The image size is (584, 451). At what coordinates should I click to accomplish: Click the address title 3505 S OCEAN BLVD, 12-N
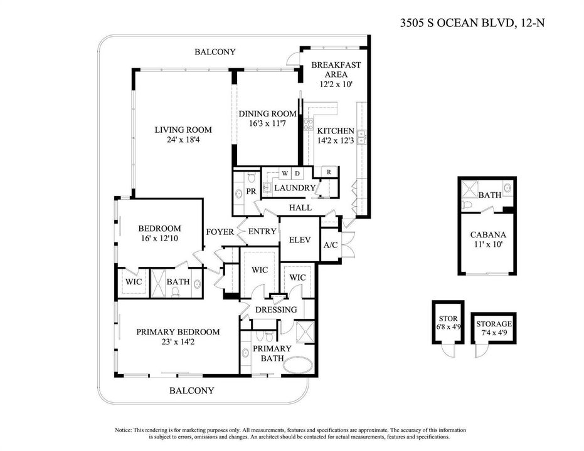pyautogui.click(x=472, y=23)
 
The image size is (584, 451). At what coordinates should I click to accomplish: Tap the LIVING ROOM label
pyautogui.click(x=183, y=130)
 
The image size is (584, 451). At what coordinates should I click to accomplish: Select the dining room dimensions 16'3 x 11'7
pyautogui.click(x=267, y=123)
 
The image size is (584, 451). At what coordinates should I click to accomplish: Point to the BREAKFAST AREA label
pyautogui.click(x=336, y=70)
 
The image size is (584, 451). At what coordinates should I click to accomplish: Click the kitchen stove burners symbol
pyautogui.click(x=309, y=124)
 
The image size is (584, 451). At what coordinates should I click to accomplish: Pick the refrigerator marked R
pyautogui.click(x=329, y=172)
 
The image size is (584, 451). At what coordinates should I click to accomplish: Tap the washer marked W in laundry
pyautogui.click(x=285, y=174)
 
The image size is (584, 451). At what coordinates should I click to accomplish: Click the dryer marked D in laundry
pyautogui.click(x=297, y=174)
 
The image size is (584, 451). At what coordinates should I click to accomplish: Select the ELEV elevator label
pyautogui.click(x=300, y=240)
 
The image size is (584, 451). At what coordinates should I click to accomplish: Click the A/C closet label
pyautogui.click(x=331, y=245)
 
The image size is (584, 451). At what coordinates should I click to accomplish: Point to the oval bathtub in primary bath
pyautogui.click(x=297, y=365)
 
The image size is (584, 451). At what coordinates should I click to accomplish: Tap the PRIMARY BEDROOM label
pyautogui.click(x=178, y=331)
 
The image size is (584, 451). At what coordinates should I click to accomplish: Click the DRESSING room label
pyautogui.click(x=276, y=309)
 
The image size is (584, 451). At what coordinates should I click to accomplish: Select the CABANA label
pyautogui.click(x=488, y=235)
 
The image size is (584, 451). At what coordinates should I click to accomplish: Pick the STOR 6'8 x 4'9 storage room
pyautogui.click(x=448, y=323)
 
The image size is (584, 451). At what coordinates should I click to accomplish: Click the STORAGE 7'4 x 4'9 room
pyautogui.click(x=494, y=328)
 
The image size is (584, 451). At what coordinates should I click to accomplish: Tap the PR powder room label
pyautogui.click(x=252, y=191)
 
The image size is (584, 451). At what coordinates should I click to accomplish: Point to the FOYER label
pyautogui.click(x=220, y=232)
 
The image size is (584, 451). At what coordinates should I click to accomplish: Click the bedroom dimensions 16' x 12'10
pyautogui.click(x=159, y=238)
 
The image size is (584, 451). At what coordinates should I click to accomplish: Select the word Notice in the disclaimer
pyautogui.click(x=123, y=430)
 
